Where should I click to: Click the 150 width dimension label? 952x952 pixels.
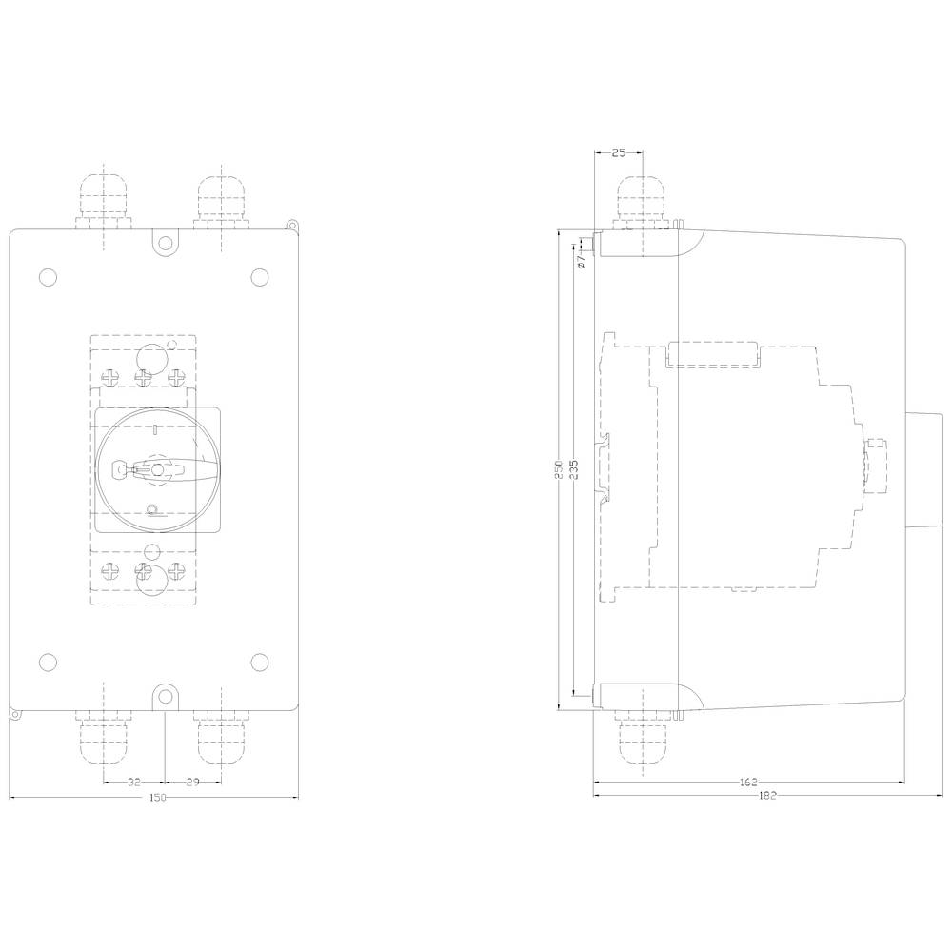157,797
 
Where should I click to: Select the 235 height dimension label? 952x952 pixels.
575,471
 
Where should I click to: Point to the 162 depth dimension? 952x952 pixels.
748,783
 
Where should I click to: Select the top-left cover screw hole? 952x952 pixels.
48,277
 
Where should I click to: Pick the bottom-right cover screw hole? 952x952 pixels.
259,662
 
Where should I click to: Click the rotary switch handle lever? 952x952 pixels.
171,468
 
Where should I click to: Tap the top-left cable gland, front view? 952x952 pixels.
102,202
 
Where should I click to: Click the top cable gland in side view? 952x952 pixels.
645,202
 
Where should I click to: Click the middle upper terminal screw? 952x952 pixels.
144,378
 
